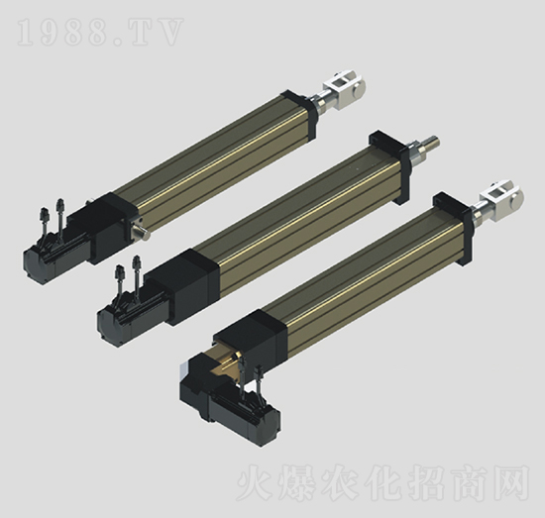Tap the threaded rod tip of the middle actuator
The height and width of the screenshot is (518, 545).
click(433, 141)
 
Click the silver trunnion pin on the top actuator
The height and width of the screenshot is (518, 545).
click(141, 232)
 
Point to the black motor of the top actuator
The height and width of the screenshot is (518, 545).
click(55, 256)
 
